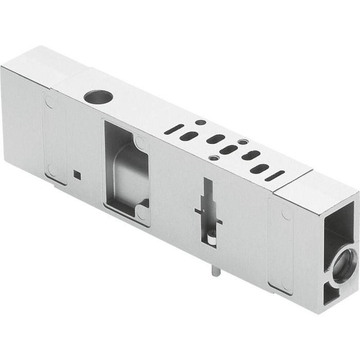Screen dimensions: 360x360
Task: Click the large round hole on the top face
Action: coord(96,96)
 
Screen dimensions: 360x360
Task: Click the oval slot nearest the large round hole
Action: coord(189,136)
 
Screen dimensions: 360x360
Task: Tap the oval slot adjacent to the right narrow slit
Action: coord(260,169)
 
